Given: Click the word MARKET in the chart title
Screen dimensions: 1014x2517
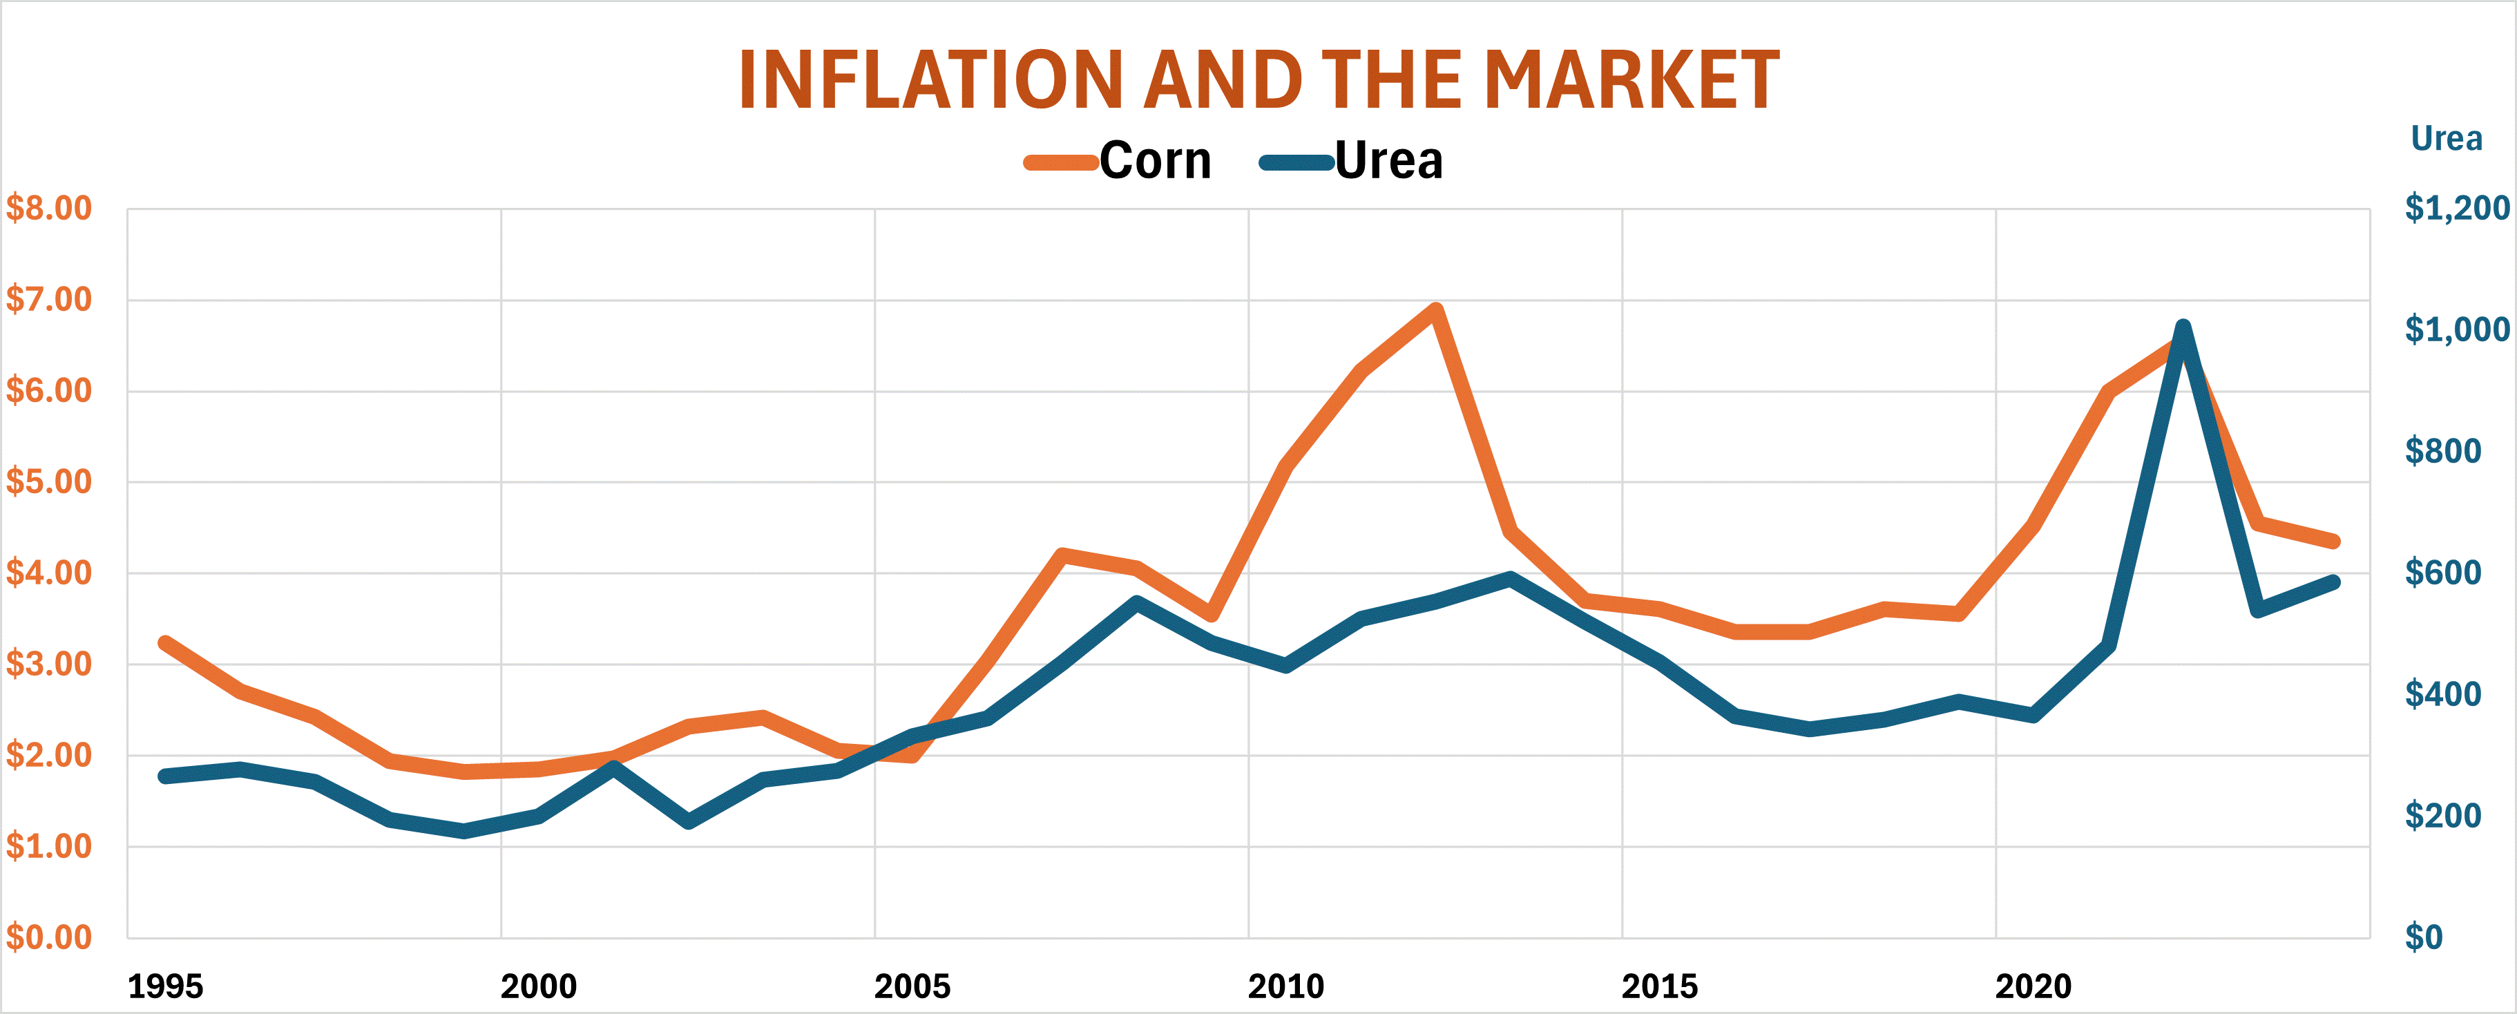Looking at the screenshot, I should coord(1631,80).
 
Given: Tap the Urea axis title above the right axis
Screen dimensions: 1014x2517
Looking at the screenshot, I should coord(2446,139).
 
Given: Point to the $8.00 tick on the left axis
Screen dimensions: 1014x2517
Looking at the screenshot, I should coord(49,208).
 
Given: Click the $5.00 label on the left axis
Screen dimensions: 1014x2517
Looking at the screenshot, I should coord(49,481).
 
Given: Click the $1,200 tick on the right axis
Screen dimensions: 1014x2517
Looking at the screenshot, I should coord(2456,208).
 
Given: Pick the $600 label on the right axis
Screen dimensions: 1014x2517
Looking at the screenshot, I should coord(2442,573).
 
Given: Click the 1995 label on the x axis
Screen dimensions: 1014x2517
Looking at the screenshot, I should coord(165,986).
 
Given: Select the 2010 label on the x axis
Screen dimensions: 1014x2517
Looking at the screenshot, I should coord(1286,986).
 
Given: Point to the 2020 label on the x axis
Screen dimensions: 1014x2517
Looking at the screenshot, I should coord(2033,986).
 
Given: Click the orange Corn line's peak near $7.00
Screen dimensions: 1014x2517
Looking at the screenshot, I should coord(1435,311).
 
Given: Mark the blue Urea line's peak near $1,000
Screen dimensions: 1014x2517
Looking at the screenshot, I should coord(2183,327).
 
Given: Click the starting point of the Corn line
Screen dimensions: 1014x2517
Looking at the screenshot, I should coord(165,643).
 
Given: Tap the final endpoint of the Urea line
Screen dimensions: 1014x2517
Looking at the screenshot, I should coord(2333,582).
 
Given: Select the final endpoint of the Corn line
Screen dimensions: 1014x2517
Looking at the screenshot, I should coord(2333,541).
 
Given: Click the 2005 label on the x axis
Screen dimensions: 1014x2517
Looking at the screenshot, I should coord(912,986).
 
